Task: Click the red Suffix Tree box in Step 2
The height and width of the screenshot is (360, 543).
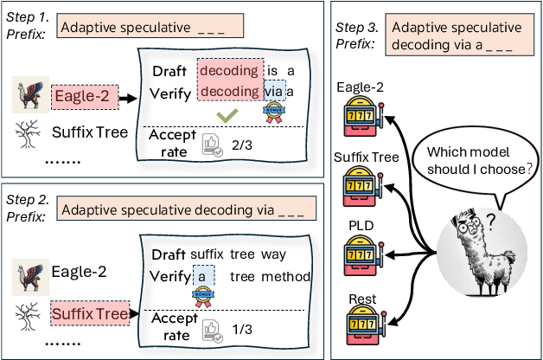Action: coord(90,310)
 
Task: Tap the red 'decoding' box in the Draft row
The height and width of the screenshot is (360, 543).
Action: coord(228,69)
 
